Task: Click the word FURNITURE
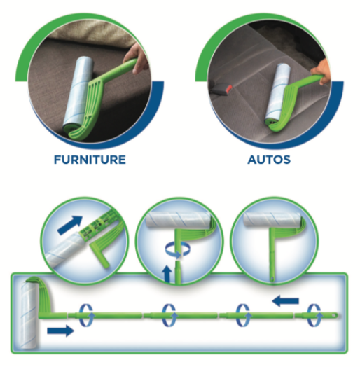pos(90,160)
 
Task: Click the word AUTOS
pos(269,160)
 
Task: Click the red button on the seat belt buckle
pos(229,88)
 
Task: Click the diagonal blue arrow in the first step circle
pos(70,225)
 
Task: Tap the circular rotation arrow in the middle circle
pos(177,249)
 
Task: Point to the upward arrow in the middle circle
pos(167,274)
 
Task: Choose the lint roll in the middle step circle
pos(179,219)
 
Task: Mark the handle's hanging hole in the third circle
pos(272,279)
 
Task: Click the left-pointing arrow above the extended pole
pos(286,300)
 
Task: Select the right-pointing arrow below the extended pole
pos(61,331)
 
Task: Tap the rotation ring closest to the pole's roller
pos(85,315)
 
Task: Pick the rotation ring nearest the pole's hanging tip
pos(314,315)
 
